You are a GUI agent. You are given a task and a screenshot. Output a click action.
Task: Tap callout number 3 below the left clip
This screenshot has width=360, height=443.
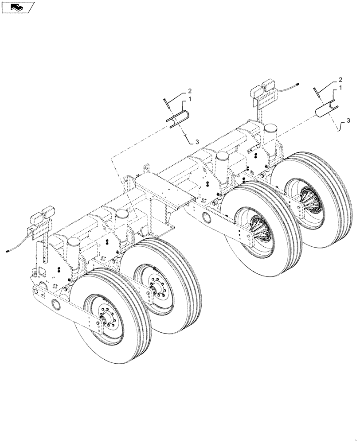196,142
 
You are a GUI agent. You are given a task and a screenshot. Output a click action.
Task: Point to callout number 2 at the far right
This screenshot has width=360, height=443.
340,80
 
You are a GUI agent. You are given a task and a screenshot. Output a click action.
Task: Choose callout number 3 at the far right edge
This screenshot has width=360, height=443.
348,120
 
